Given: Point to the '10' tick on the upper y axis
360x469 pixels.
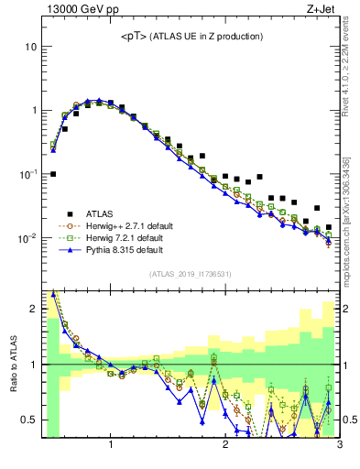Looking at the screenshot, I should [x=30, y=46].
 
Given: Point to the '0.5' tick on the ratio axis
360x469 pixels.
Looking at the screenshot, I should [x=28, y=420].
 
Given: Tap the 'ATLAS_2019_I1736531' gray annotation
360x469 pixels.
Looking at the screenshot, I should [x=191, y=274].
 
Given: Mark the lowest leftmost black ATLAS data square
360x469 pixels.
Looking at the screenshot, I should [x=53, y=173].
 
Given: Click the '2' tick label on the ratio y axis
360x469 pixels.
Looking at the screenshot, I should [x=32, y=309].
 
